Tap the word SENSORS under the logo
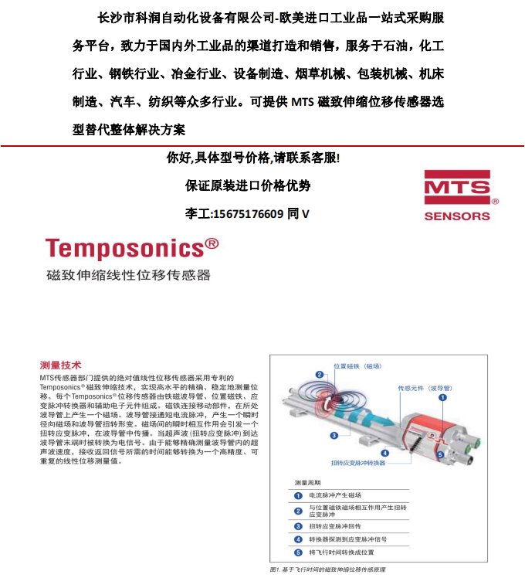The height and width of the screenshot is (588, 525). click(x=457, y=216)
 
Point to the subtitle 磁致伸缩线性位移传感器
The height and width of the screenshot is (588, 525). click(x=127, y=275)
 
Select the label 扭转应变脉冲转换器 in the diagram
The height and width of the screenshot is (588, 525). click(x=358, y=462)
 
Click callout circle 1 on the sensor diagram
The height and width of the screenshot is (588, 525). click(x=443, y=397)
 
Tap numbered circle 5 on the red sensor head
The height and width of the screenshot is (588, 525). click(x=439, y=455)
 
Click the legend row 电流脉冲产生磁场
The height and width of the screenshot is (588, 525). click(x=335, y=495)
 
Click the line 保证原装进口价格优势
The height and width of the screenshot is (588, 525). click(x=249, y=186)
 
